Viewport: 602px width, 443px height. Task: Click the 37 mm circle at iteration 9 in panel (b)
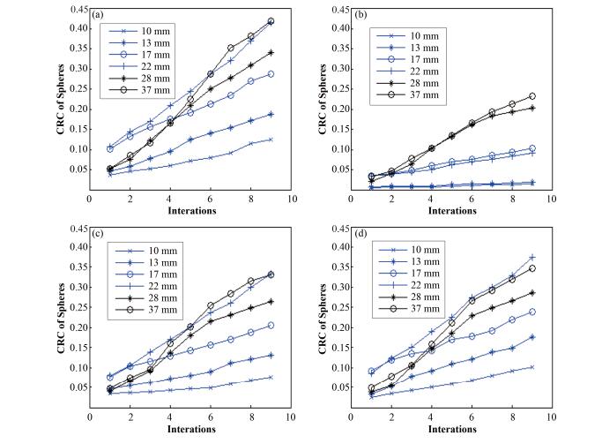(531, 96)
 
